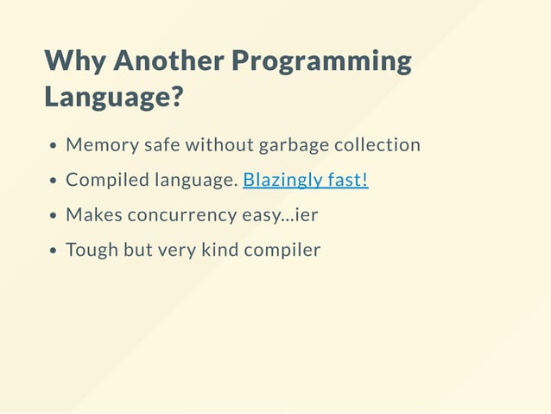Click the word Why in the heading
point(75,61)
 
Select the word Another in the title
point(168,61)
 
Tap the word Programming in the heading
point(322,61)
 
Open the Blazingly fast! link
point(306,180)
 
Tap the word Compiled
point(107,181)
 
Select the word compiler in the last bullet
point(282,251)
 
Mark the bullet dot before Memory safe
point(54,146)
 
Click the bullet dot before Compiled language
point(54,182)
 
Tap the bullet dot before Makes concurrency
point(54,216)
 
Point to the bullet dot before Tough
point(54,252)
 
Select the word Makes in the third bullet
point(93,215)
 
